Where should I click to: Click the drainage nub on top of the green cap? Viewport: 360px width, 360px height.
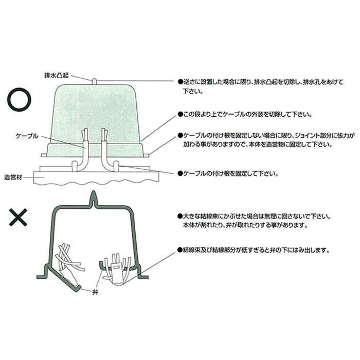coord(95,81)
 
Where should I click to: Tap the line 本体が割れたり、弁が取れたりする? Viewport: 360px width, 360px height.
coord(242,226)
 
